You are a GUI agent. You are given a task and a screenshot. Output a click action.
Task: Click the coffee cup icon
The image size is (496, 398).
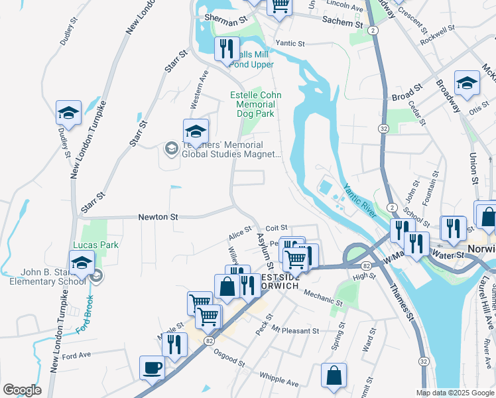152,367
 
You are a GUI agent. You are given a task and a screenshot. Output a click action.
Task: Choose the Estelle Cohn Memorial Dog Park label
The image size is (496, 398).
255,105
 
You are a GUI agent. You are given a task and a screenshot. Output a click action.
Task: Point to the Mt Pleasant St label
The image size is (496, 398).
295,330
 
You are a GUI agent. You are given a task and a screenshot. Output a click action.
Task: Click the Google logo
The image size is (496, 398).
22,390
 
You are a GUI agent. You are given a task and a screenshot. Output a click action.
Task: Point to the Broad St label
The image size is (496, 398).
407,94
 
